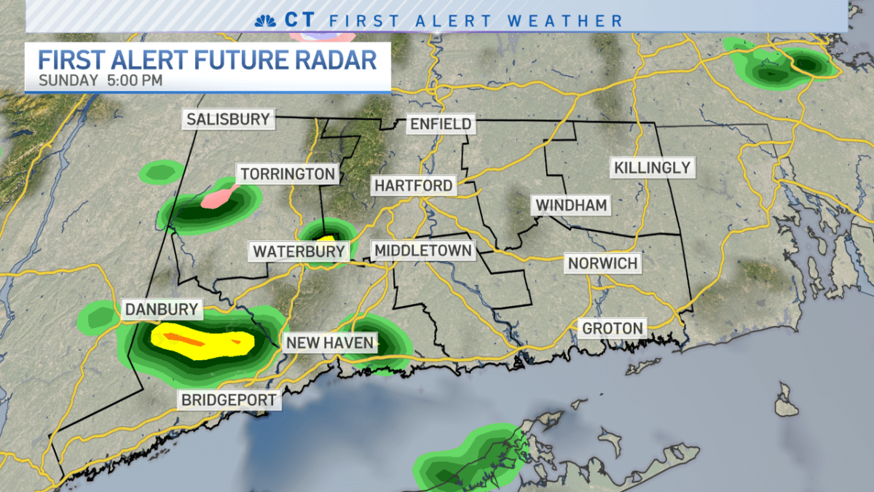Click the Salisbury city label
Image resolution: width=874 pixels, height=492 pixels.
227,119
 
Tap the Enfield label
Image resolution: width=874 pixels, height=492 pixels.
441,124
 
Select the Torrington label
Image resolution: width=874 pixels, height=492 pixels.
288,174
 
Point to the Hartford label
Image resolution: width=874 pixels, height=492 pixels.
413,186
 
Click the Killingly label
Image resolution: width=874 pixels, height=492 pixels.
652,168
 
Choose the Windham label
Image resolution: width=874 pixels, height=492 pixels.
571,205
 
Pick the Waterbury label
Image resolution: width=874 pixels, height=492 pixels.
299,252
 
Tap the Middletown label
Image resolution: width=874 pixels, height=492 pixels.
423,251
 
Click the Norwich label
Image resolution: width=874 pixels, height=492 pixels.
602,263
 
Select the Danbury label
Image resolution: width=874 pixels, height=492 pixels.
161,309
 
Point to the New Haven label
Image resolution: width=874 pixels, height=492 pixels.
329,343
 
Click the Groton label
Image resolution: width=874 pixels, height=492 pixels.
613,329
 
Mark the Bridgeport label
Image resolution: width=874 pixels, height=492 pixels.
229,400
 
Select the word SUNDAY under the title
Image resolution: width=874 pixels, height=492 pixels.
68,80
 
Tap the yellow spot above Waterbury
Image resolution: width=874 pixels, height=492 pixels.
326,238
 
